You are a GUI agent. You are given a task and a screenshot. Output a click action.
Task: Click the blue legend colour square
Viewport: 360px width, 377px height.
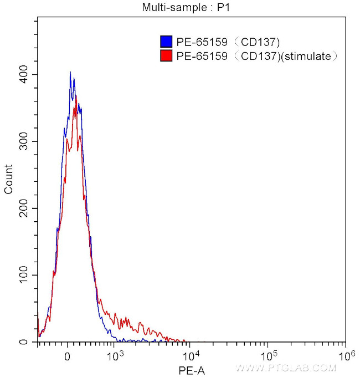click(x=165, y=42)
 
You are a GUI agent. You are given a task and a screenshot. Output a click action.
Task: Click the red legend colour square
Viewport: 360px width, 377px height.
click(x=165, y=55)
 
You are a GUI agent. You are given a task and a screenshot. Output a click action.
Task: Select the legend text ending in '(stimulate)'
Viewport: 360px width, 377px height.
click(x=256, y=55)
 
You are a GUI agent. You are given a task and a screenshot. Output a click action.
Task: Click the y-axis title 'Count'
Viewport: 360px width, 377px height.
click(x=8, y=180)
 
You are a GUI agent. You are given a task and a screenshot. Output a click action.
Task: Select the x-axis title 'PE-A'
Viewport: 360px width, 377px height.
click(x=192, y=370)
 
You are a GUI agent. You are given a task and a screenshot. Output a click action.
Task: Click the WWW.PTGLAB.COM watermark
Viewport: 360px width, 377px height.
click(x=286, y=368)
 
